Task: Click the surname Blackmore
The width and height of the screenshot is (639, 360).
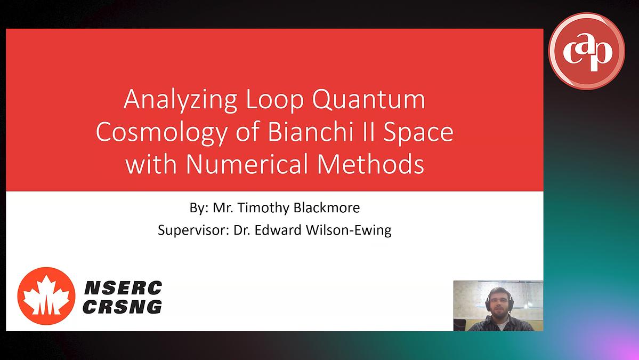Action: coord(327,207)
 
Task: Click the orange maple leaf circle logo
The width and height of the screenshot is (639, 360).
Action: coord(46,295)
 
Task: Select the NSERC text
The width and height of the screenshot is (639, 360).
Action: coord(123,289)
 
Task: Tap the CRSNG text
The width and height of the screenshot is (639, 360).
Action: coord(123,306)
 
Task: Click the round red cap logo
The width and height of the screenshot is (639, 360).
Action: coord(586,51)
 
